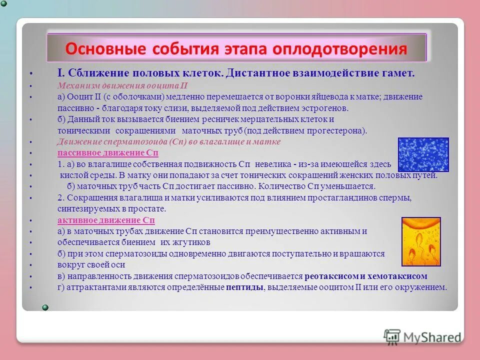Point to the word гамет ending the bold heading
(399, 73)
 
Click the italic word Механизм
(76, 85)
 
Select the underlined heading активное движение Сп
(106, 220)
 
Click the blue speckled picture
(423, 155)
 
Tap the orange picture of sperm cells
(421, 241)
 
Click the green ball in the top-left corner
(3, 3)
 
